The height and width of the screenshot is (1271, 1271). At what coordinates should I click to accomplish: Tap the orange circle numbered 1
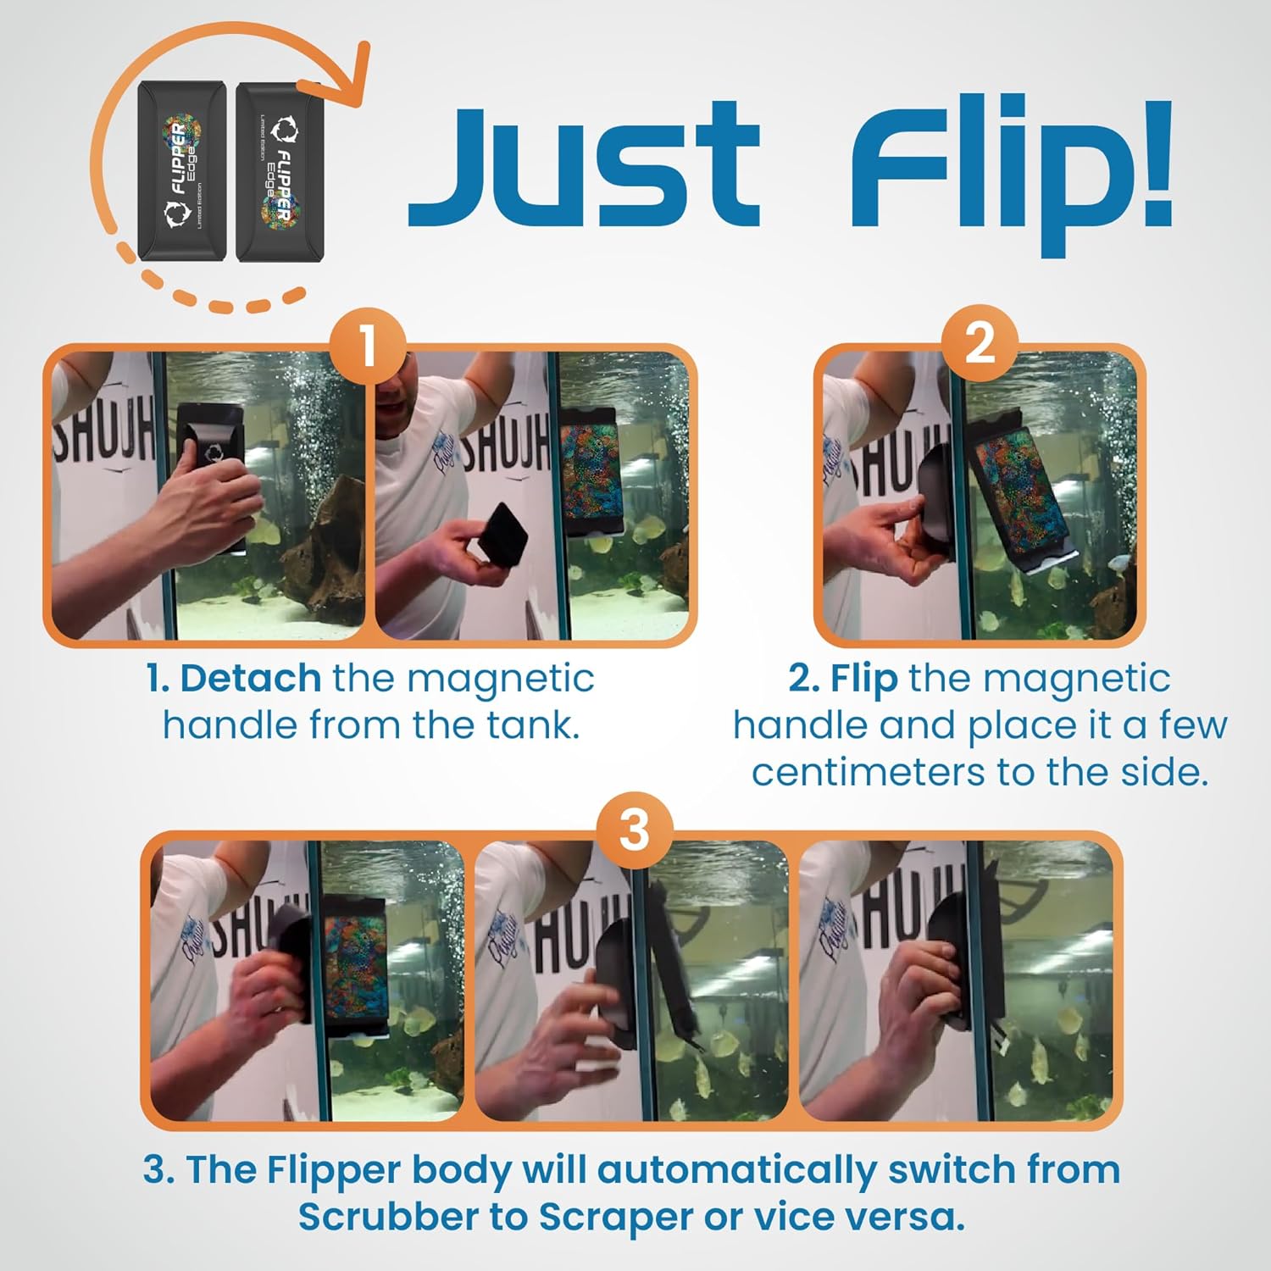tap(368, 347)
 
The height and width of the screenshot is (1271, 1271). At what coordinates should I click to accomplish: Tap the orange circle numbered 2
tap(979, 344)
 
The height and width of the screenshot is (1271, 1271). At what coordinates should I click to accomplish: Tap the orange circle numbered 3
tap(635, 830)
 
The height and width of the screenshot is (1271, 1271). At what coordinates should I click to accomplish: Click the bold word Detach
tap(250, 679)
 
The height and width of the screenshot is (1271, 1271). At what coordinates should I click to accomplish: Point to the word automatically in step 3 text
tap(737, 1170)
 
